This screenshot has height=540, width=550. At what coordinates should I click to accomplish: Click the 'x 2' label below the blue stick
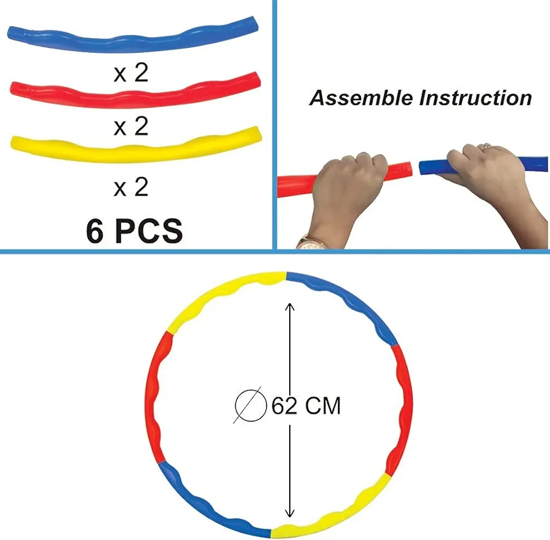[131, 73]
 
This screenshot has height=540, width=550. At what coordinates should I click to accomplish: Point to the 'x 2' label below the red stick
[131, 127]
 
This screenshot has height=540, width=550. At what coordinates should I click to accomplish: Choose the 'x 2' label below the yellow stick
[131, 186]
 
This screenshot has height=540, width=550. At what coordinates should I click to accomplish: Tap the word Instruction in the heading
[476, 98]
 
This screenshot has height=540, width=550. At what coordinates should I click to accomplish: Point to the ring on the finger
[487, 146]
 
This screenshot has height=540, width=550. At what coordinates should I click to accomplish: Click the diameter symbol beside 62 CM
[250, 406]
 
